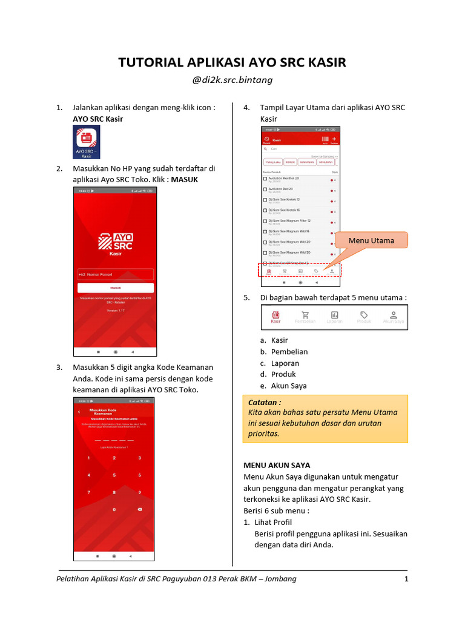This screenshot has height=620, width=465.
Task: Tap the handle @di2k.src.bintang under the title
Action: tap(232, 80)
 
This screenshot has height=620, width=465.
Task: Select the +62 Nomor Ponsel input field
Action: tap(115, 274)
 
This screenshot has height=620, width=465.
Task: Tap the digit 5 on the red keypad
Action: tap(114, 475)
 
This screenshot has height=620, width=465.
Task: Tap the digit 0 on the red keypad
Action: tap(114, 510)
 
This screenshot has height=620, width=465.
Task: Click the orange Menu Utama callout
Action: tap(371, 240)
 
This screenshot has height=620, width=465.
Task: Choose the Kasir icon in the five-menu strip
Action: tap(275, 317)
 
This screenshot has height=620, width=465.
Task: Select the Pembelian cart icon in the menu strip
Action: tap(305, 317)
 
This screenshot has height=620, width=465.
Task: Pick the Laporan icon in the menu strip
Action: tap(334, 317)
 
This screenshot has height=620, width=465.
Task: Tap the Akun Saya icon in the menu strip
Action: tap(394, 317)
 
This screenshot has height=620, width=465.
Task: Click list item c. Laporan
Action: tap(285, 363)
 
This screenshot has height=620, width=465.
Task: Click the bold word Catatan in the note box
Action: tap(265, 401)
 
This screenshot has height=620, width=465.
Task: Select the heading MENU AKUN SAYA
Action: tap(277, 465)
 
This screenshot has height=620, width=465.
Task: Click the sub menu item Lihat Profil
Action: tap(273, 522)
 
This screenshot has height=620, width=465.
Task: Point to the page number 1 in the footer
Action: tap(406, 579)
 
